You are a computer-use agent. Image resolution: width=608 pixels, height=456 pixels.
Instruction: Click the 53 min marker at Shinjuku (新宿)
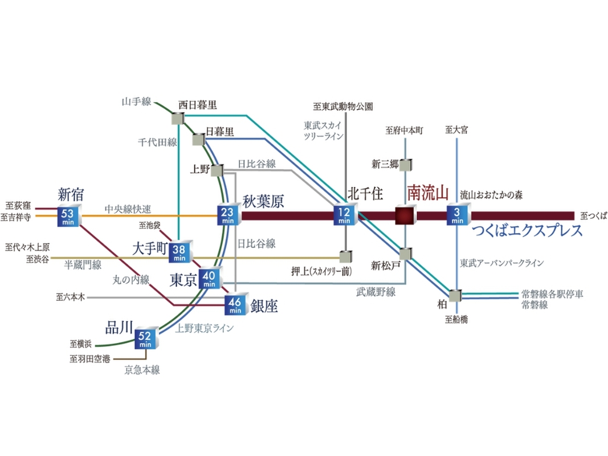pos(69,217)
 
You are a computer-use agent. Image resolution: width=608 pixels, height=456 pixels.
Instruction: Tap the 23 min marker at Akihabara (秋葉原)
pos(229,215)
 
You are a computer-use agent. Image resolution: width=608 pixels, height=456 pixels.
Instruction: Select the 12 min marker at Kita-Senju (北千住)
pos(345,214)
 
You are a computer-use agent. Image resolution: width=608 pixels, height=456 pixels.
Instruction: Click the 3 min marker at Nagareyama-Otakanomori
pos(459,214)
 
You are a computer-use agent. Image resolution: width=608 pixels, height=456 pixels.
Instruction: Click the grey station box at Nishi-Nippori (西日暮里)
pos(178,118)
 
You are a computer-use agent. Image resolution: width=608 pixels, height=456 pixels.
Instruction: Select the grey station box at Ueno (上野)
pos(218,170)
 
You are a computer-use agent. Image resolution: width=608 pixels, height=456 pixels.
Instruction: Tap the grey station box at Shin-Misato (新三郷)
pos(406,165)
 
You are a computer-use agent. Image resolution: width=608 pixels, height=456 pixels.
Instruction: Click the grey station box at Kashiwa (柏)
pos(456,295)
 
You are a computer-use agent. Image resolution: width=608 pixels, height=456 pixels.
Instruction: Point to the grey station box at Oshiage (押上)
pos(346,256)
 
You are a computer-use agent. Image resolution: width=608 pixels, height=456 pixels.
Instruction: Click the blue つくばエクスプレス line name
pos(528,230)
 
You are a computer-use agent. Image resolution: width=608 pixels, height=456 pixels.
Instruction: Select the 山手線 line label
pos(137,102)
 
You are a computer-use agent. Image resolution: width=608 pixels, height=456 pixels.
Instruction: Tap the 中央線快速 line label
pos(128,209)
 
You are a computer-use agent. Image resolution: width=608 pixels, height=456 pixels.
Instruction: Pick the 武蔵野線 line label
pos(376,292)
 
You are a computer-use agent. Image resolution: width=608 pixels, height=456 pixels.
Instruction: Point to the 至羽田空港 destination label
pos(90,359)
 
